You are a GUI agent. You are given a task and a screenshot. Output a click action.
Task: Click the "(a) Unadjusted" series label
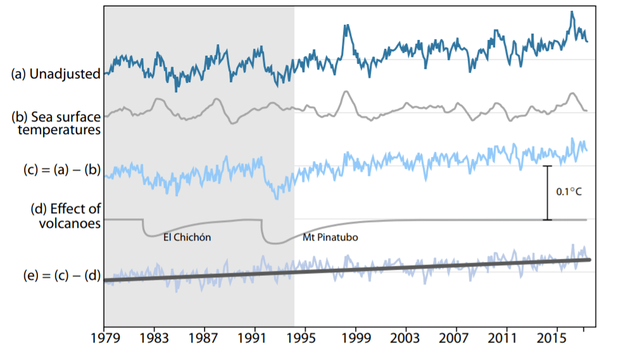tap(56, 74)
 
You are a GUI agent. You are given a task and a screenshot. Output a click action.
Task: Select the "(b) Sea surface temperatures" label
tap(57, 123)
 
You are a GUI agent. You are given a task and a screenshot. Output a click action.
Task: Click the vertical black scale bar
tap(548, 193)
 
